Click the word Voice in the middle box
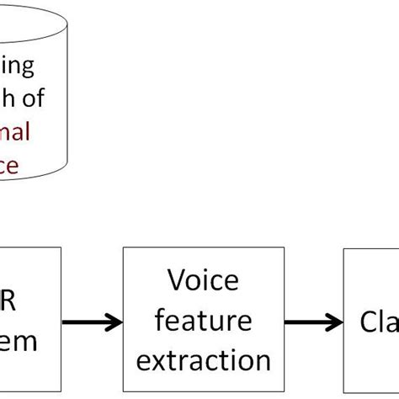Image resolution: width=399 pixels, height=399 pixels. pyautogui.click(x=203, y=279)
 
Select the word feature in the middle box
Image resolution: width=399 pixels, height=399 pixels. pyautogui.click(x=203, y=320)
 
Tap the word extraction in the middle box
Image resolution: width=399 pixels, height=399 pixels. pyautogui.click(x=203, y=360)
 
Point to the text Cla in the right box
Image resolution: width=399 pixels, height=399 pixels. pyautogui.click(x=380, y=321)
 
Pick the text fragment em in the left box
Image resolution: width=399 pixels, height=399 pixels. pyautogui.click(x=21, y=341)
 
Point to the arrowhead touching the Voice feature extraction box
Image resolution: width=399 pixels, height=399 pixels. pyautogui.click(x=112, y=321)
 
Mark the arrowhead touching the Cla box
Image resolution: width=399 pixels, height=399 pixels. pyautogui.click(x=334, y=321)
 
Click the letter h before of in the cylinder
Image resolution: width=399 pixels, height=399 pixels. pyautogui.click(x=8, y=98)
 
